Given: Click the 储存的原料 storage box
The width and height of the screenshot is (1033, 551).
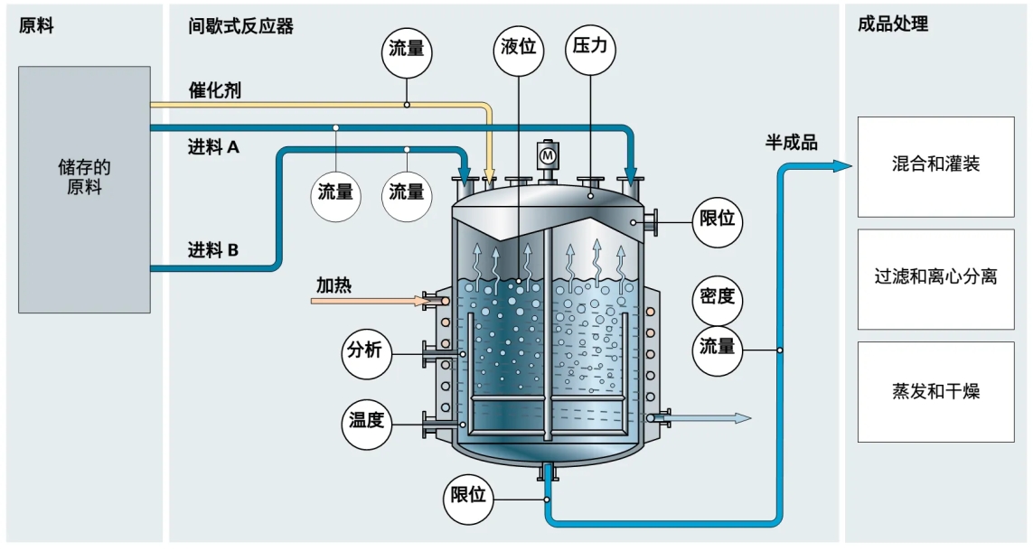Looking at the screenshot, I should point(84,189).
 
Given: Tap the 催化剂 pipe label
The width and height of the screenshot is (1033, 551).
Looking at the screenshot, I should point(214,90).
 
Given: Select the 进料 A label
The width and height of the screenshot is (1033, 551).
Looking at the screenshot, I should point(213,146).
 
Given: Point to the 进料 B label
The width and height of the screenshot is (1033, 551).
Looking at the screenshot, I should point(213,250).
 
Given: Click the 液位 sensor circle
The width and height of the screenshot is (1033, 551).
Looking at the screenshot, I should point(520,48).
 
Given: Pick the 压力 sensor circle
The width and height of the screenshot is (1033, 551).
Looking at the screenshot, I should point(590,48).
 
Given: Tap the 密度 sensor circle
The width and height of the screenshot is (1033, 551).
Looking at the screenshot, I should point(718,296).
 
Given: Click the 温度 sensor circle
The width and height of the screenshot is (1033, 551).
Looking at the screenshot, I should point(368,420).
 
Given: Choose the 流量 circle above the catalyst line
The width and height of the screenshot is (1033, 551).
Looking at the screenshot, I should point(407,49).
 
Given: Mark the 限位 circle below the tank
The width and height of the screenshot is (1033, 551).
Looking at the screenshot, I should point(469,496).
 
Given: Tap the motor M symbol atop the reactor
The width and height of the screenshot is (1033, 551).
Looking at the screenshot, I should point(548,155).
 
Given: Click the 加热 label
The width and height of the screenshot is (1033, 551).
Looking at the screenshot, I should point(333,285).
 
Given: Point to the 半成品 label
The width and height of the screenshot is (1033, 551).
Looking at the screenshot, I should point(792,142).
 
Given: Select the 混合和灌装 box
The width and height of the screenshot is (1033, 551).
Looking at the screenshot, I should point(935,165).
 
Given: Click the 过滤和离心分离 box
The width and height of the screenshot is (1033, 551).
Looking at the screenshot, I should point(935,278).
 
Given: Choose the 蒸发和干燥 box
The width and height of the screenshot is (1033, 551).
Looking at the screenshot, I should point(935,391).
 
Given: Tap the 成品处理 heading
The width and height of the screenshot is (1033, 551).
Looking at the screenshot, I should point(893,25).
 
